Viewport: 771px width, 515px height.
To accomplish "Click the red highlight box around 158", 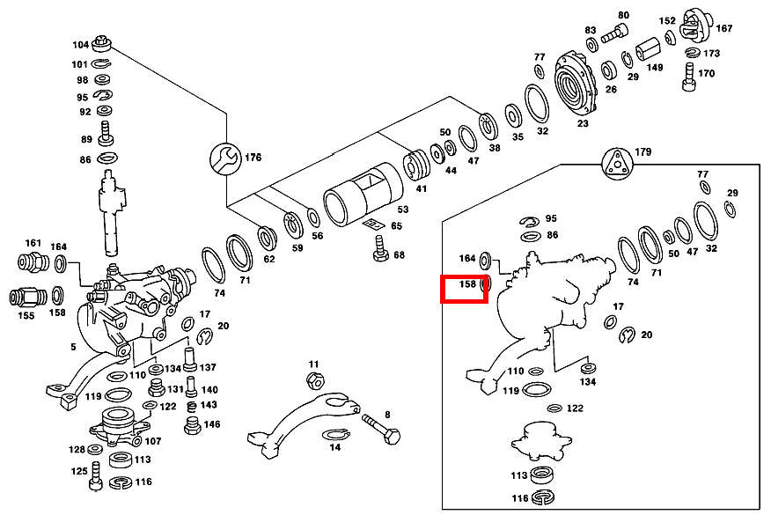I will tap(464, 289).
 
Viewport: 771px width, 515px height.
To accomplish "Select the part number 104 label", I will tap(81, 45).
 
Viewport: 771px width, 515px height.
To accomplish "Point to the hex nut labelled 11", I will tap(314, 380).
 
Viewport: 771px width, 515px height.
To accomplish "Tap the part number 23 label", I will tap(583, 124).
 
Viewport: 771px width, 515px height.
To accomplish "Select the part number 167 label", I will tap(723, 28).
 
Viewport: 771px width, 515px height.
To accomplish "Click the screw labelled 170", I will tap(688, 77).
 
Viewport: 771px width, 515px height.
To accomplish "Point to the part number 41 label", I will tap(422, 188).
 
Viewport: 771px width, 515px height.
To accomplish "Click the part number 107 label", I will tap(153, 441).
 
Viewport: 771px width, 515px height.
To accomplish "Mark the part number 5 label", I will tap(73, 347).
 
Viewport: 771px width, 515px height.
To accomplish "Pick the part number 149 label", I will tap(655, 67).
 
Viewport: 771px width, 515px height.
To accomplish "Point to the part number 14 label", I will tap(335, 447).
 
